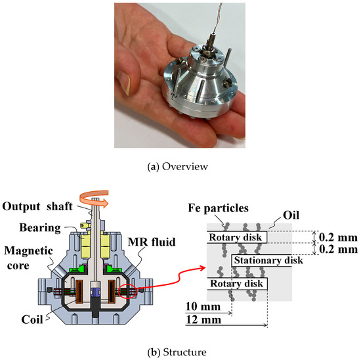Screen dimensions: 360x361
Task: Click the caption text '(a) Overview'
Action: [x=180, y=167]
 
